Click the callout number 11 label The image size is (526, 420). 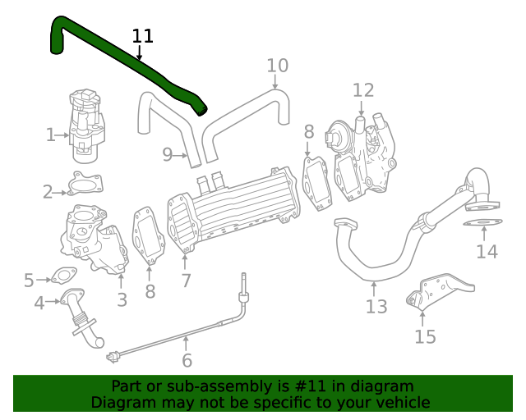tap(143, 36)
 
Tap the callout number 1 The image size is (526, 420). tap(51, 135)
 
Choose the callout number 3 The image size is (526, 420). tap(122, 300)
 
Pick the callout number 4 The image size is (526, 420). tap(39, 304)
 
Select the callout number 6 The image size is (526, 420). tap(187, 361)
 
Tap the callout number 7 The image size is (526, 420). tap(187, 281)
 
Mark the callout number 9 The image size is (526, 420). tap(167, 154)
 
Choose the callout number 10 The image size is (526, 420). tap(278, 66)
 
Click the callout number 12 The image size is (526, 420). tap(363, 90)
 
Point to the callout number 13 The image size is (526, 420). tap(376, 307)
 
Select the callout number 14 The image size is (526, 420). tap(487, 251)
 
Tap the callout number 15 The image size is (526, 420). tap(425, 336)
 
